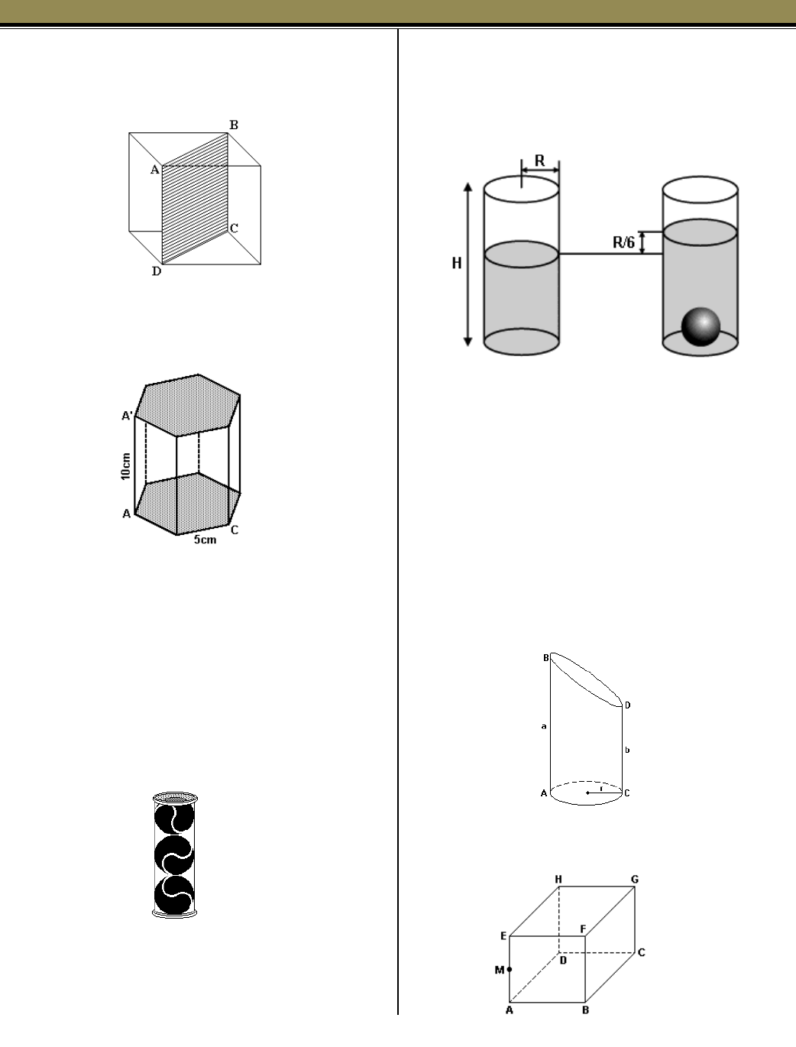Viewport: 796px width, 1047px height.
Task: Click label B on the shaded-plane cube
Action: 235,125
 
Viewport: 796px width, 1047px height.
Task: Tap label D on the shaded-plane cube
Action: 156,271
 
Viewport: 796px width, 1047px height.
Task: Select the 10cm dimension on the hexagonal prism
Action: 126,465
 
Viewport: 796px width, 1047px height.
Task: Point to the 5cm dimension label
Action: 204,540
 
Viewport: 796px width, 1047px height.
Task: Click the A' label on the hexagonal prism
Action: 128,416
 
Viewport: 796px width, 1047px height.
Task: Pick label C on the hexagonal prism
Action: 235,530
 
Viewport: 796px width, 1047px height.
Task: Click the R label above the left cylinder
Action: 539,161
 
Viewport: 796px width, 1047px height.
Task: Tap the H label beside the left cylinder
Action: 457,264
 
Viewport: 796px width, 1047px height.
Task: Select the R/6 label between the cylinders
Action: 623,243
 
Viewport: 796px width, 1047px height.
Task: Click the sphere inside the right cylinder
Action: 701,326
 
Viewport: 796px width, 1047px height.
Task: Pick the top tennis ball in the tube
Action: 174,819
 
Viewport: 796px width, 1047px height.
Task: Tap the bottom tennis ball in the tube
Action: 174,893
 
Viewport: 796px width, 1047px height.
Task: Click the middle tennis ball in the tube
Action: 174,856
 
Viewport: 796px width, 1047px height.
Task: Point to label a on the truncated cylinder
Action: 543,727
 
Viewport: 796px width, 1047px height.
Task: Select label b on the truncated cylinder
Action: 627,750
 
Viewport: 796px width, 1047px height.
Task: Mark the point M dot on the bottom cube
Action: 510,969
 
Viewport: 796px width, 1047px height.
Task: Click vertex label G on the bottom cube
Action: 635,880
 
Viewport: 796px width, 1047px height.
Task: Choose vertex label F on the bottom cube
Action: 583,929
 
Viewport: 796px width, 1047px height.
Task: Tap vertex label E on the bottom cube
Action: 503,935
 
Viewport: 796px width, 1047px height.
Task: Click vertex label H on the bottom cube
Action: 558,880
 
